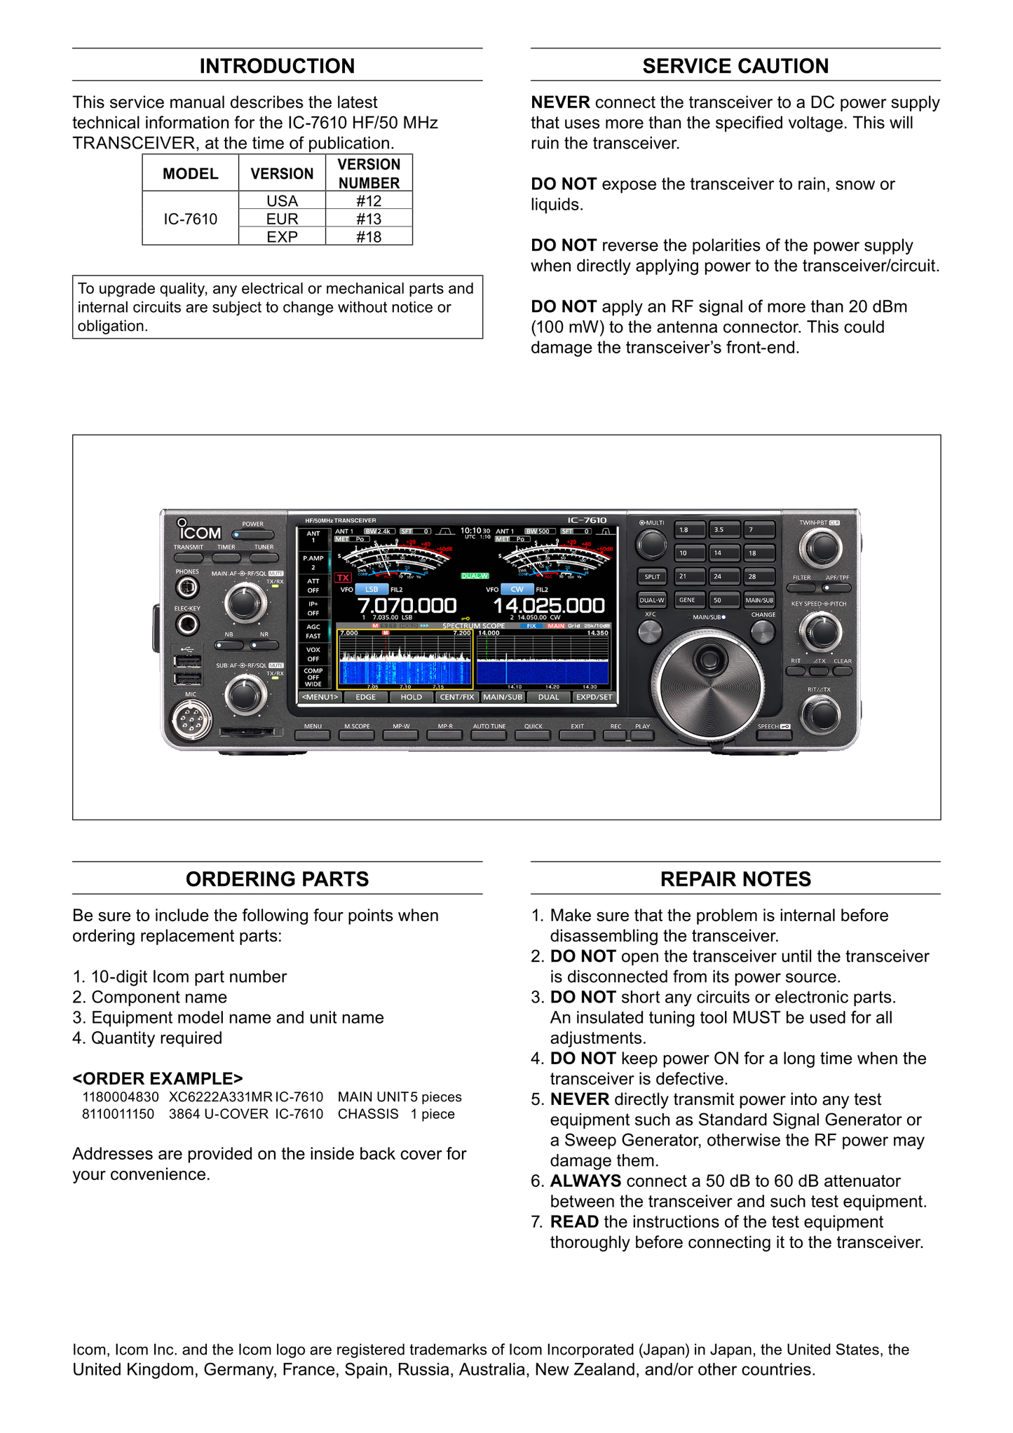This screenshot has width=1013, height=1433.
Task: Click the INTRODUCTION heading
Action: [x=277, y=66]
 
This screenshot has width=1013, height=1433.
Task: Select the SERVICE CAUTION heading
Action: [x=735, y=66]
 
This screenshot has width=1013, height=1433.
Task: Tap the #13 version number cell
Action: [x=369, y=219]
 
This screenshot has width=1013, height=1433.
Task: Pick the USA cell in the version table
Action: [x=282, y=201]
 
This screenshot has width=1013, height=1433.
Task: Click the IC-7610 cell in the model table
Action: [x=190, y=219]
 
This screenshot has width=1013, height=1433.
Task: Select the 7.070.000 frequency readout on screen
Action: [x=407, y=605]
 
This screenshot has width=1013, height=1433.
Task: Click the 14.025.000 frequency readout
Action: [x=549, y=605]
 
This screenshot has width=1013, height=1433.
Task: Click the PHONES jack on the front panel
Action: [x=187, y=587]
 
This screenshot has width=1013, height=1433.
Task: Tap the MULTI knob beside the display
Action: [x=651, y=544]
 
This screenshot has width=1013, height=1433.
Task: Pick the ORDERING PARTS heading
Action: [x=277, y=879]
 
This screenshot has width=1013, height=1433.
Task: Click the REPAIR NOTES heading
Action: [x=735, y=879]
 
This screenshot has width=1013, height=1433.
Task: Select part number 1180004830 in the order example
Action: [x=121, y=1097]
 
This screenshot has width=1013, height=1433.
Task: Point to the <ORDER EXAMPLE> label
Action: [x=158, y=1078]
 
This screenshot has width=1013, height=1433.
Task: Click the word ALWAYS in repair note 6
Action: [x=585, y=1181]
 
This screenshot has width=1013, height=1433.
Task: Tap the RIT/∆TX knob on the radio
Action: [x=820, y=715]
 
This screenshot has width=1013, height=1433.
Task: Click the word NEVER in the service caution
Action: [x=560, y=102]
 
